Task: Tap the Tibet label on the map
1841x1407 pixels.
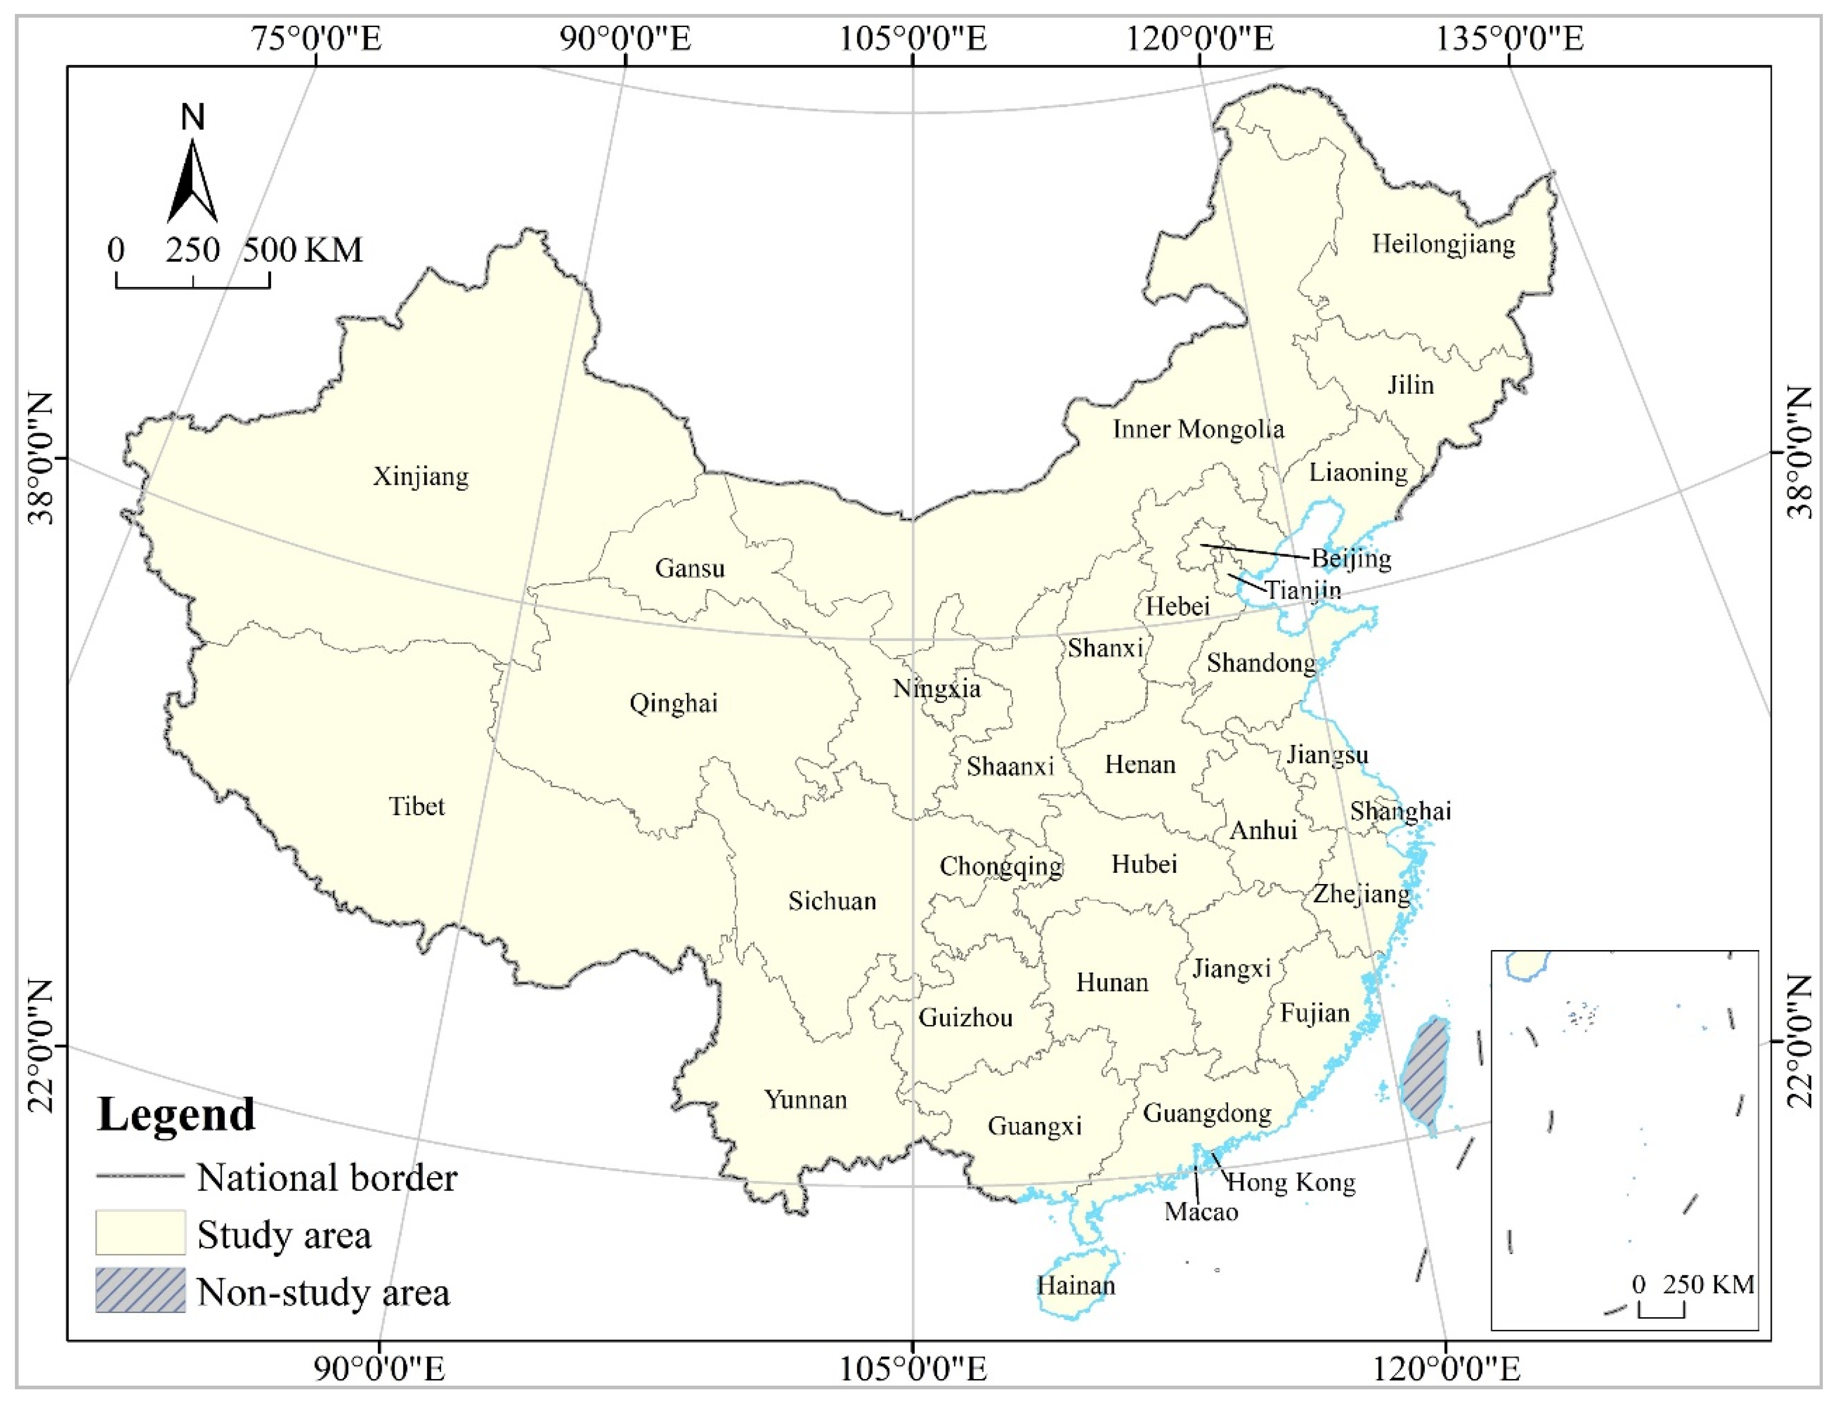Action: (416, 806)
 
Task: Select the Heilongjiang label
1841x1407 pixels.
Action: (1443, 245)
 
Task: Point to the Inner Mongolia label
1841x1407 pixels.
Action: (1198, 429)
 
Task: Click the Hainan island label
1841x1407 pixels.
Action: (1076, 1286)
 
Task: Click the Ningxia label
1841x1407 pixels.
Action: (936, 689)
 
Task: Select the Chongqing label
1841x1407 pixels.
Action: (1001, 866)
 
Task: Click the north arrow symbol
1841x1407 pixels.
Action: (193, 182)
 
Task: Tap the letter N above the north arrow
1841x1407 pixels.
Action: (193, 117)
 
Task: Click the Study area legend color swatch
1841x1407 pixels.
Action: (140, 1233)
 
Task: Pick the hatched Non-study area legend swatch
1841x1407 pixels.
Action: (140, 1291)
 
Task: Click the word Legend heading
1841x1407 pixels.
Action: (176, 1115)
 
